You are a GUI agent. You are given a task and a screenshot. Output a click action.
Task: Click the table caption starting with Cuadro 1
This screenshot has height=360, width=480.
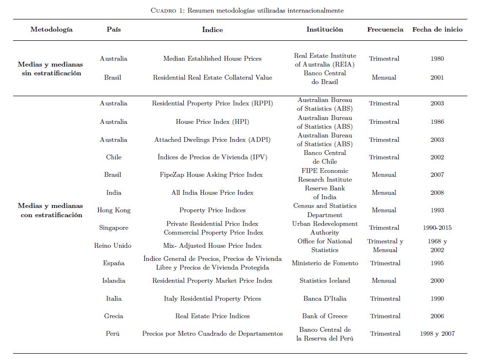point(240,10)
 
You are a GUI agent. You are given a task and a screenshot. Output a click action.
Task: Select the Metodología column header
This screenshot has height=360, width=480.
point(52,29)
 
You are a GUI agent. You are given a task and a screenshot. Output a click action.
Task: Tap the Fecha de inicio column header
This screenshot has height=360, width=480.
point(437,29)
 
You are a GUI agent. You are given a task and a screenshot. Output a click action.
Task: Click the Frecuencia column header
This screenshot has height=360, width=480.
point(385,29)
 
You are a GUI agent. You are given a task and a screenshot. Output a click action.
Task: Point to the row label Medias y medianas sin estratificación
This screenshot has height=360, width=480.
point(51,69)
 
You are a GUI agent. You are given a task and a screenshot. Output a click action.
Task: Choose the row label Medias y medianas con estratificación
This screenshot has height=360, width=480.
point(51,210)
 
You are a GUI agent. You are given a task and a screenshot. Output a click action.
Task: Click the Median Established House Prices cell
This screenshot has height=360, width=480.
point(212,59)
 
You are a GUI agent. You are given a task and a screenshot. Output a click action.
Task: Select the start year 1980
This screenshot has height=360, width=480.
point(437,59)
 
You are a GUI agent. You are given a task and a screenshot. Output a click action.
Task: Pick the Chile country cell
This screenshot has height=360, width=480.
point(114,157)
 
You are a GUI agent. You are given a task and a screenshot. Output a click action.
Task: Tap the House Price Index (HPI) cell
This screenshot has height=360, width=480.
point(212,122)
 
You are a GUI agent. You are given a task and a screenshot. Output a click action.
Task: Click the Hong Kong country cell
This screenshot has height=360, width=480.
point(114,210)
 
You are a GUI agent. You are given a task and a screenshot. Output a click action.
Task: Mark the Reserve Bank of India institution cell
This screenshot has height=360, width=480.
point(324,192)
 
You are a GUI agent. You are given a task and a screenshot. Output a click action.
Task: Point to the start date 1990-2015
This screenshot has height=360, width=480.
point(437,228)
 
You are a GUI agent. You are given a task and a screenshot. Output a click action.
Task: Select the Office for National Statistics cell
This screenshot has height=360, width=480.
point(324,245)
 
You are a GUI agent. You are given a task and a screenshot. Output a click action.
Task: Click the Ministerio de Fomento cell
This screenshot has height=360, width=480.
point(324,263)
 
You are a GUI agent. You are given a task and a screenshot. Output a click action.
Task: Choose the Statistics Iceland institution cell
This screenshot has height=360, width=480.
point(324,281)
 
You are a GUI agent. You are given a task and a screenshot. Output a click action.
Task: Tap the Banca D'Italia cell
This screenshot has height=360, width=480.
point(324,299)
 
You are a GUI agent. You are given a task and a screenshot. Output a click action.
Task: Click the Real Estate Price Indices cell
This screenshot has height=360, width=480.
point(212,316)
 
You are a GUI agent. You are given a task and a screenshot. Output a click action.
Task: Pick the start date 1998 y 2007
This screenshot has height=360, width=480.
point(437,334)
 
